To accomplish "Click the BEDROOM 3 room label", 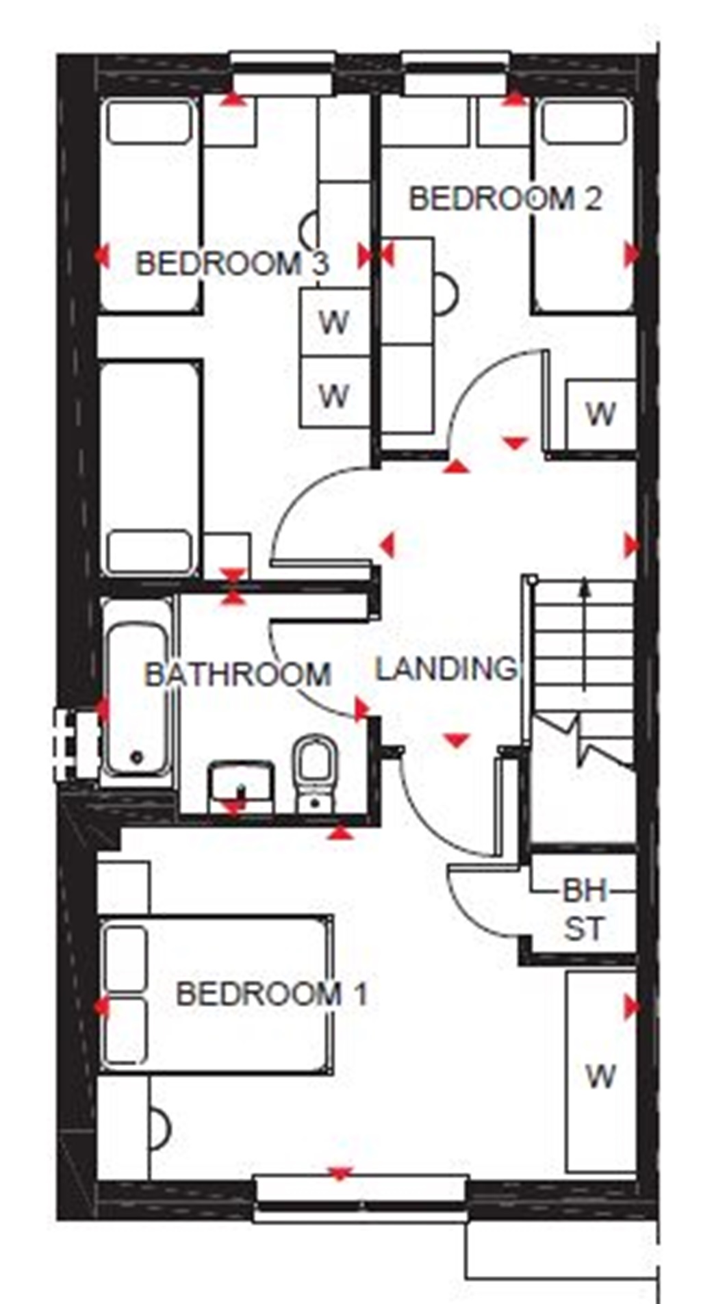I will pos(232,264).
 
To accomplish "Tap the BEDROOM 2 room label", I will pos(505,199).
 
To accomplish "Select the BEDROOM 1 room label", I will pos(272,993).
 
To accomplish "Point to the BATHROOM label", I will pos(238,675).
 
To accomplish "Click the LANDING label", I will pos(446,669).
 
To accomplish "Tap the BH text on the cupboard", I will pos(585,891).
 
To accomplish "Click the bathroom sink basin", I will pos(240,787).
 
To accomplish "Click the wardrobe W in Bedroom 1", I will pos(600,1077).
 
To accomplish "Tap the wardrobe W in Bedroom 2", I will pos(600,413).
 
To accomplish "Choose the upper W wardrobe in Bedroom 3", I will pos(334,322).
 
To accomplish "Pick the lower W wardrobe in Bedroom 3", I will pos(334,394).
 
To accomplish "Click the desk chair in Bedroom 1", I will pos(160,1128).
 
